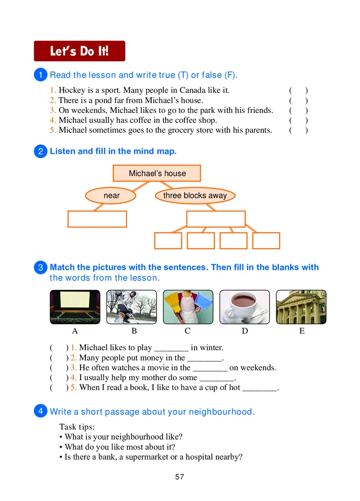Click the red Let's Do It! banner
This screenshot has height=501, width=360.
tap(79, 51)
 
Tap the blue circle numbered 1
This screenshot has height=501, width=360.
tap(40, 75)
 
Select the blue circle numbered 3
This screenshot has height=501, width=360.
tap(40, 268)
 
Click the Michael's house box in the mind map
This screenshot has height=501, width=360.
tap(157, 173)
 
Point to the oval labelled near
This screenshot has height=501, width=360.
tap(111, 196)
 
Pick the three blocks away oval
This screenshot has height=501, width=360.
tap(195, 196)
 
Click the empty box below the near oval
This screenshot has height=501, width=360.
tap(97, 219)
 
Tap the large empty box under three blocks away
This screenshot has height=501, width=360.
tap(216, 219)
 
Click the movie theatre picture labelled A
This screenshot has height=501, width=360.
tap(75, 307)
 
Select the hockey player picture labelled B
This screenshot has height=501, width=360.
tap(131, 307)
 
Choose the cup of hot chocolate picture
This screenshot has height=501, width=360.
tap(245, 307)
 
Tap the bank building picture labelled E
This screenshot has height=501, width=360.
tap(301, 307)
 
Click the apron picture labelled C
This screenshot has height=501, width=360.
tap(188, 307)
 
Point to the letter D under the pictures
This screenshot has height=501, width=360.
tap(245, 331)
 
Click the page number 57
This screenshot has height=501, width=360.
tap(180, 477)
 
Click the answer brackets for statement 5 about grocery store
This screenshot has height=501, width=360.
tap(299, 130)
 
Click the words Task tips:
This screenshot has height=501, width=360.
tap(77, 427)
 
